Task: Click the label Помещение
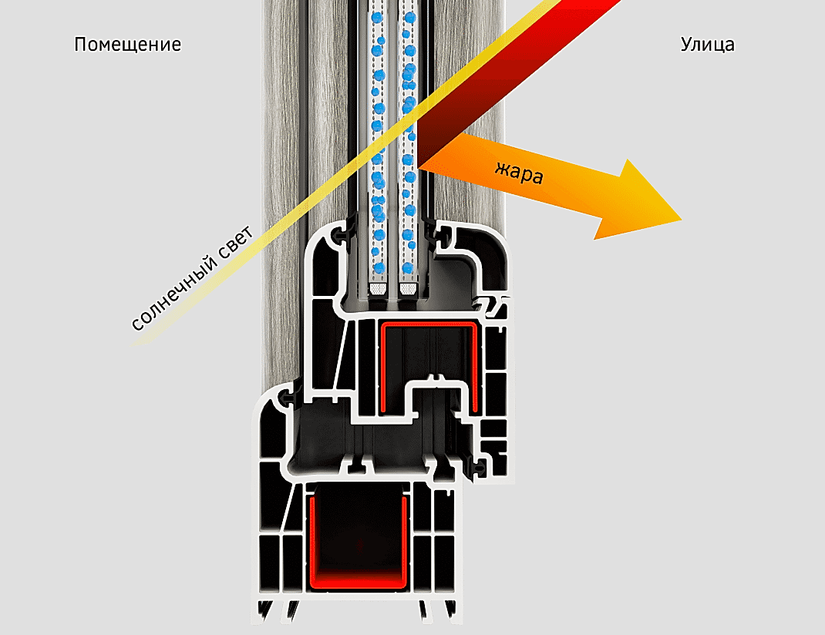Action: (x=128, y=44)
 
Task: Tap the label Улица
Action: (x=707, y=45)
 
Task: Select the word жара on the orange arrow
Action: (x=520, y=172)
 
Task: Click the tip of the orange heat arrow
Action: (x=682, y=220)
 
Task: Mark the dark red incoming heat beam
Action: (x=518, y=79)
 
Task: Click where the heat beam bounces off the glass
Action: (x=418, y=167)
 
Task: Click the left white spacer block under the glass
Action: (x=378, y=288)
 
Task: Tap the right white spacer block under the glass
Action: (x=408, y=288)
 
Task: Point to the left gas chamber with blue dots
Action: (x=378, y=142)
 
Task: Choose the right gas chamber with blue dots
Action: (x=409, y=142)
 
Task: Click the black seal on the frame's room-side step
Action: (x=288, y=397)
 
